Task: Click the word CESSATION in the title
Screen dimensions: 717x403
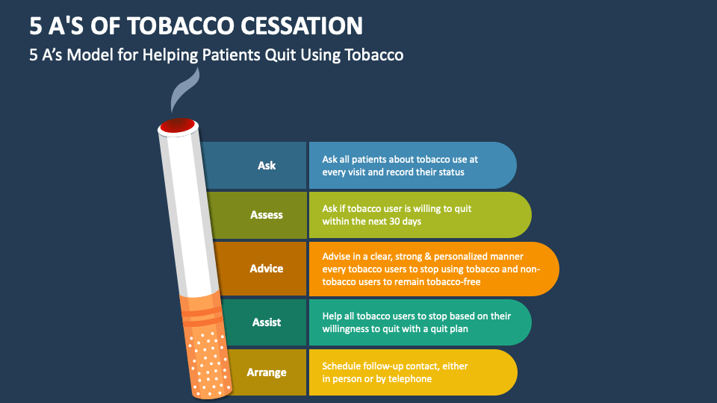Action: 302,25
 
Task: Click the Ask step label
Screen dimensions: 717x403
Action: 267,166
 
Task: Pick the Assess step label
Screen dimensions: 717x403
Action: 267,215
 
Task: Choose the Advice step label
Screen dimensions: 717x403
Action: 267,269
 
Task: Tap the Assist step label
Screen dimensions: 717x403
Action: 267,322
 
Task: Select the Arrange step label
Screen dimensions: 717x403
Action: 267,372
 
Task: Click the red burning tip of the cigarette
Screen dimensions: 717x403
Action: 178,125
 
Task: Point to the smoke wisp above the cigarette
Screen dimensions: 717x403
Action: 184,90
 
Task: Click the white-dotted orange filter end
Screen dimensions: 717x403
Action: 209,363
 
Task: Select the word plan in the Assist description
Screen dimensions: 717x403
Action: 459,329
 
